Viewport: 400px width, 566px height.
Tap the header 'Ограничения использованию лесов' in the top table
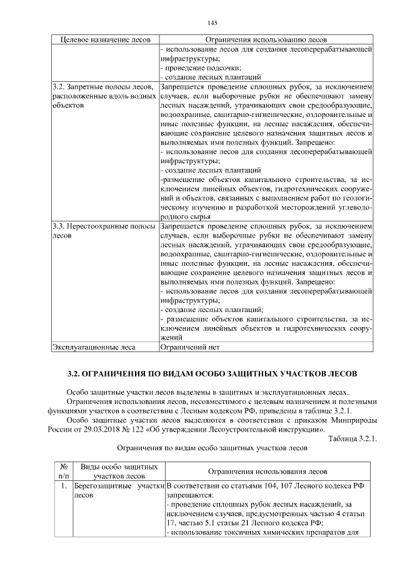tap(266, 39)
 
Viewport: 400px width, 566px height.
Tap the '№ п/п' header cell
tap(63, 472)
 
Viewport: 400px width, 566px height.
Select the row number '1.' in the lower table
tap(64, 485)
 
